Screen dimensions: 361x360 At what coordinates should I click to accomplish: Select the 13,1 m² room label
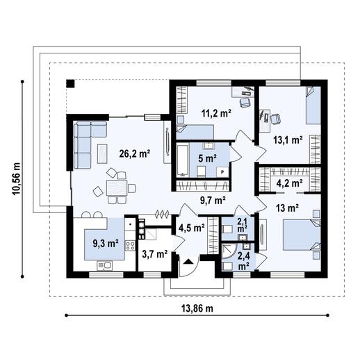[x=287, y=140]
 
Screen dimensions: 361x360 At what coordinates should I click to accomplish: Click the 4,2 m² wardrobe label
[x=289, y=183]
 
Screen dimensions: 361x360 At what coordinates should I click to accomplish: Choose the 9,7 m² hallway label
[x=213, y=201]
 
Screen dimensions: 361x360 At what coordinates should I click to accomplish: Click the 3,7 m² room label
[x=154, y=254]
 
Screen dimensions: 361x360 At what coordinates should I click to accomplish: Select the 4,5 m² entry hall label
[x=191, y=226]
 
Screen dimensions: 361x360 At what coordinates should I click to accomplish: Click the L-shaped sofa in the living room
[x=87, y=142]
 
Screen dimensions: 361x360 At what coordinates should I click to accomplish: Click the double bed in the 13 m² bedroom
[x=301, y=235]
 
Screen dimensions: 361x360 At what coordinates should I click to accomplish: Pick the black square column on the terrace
[x=70, y=84]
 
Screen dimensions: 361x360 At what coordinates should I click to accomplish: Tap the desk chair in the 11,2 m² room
[x=244, y=103]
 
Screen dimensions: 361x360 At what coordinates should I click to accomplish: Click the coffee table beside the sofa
[x=102, y=152]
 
